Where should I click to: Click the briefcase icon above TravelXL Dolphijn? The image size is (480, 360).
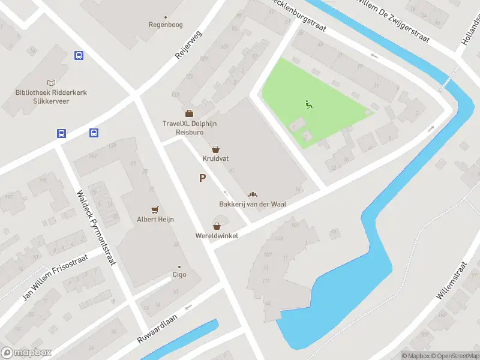coord(189,113)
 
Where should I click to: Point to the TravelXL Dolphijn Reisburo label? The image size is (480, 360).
coord(189,128)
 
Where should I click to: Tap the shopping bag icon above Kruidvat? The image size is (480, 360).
coord(215,149)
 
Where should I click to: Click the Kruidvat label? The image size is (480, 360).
coord(215,159)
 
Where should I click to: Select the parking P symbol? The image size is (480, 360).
coord(203,178)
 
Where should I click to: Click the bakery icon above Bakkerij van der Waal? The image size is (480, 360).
coord(252,194)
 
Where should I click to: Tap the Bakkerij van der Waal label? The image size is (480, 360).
coord(252,205)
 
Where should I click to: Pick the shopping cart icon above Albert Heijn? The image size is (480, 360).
coord(155,209)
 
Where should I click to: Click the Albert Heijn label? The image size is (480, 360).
coord(155,220)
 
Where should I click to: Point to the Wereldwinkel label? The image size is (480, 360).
coord(217,236)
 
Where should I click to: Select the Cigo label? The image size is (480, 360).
coord(179,275)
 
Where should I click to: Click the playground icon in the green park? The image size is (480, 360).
coord(308,104)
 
